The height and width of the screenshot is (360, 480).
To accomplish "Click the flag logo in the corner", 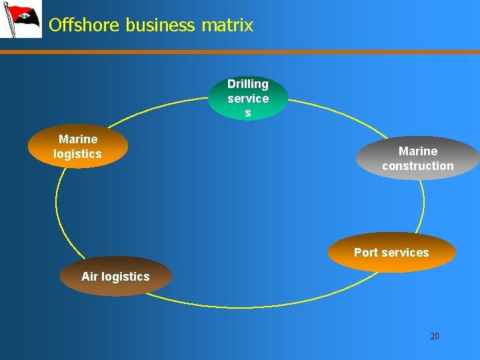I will [21, 19].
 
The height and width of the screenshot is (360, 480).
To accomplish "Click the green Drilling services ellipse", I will [248, 98].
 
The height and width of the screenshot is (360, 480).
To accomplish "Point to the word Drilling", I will [248, 84].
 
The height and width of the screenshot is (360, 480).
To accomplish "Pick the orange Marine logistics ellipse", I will [78, 147].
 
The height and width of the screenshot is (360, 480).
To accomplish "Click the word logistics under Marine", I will [78, 154].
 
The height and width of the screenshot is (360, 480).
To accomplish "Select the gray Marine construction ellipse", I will [418, 159].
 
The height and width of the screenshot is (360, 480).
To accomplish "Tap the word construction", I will [418, 166].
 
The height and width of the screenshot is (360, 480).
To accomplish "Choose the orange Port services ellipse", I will [391, 253].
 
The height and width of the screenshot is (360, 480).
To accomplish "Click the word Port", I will [366, 253].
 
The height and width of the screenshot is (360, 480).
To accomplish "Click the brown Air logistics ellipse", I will [115, 276].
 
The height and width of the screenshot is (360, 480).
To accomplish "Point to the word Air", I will [90, 276].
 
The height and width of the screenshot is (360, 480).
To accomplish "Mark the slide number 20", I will [435, 336].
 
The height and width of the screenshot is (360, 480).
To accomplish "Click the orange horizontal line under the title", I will [267, 51].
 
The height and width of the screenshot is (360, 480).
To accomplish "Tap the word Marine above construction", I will [418, 151].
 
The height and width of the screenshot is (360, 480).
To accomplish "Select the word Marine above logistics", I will [78, 139].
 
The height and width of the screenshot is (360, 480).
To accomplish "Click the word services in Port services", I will [405, 253].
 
